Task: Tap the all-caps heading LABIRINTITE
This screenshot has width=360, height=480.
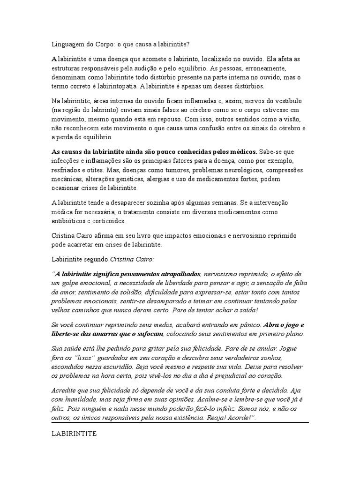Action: [74, 434]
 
